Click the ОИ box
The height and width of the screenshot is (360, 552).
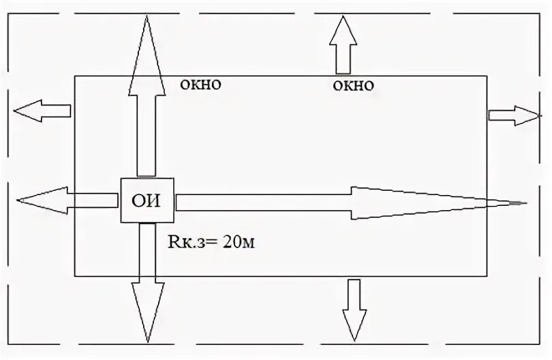point(147,200)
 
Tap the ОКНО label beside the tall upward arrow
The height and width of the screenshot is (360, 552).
point(200,85)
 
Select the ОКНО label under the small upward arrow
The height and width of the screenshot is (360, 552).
point(354,86)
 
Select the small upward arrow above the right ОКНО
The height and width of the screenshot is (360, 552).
point(342,44)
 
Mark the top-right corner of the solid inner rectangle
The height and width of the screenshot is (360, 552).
point(487,76)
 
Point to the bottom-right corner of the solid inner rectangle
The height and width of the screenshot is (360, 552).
point(487,276)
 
